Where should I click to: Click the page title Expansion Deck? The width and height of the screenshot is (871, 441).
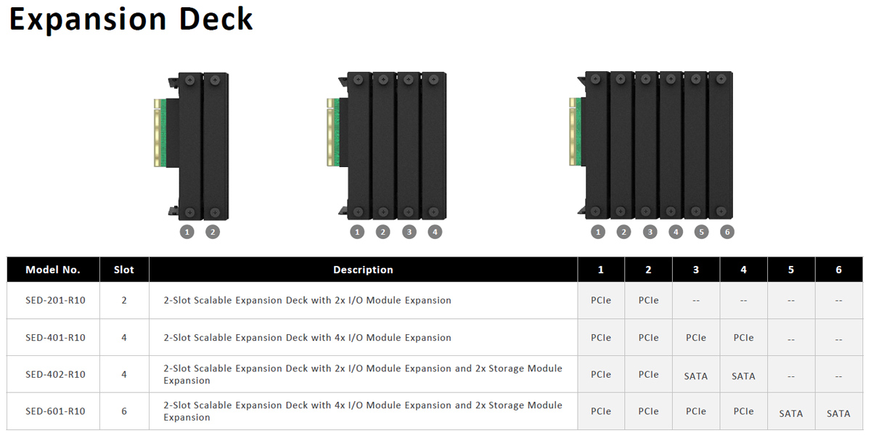tap(131, 20)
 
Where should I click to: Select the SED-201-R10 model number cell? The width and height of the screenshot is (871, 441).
tap(55, 300)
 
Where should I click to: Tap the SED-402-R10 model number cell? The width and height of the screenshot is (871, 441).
tap(55, 374)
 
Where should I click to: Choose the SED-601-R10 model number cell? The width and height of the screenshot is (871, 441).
tap(55, 411)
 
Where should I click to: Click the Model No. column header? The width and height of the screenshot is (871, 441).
tap(53, 270)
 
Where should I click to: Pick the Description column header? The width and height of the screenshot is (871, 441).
tap(363, 270)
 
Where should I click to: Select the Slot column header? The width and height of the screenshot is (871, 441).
tap(124, 270)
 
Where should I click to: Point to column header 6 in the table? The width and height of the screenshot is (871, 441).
tap(838, 270)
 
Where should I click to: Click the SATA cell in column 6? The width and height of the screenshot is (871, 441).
tap(838, 413)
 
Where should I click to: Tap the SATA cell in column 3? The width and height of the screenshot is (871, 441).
tap(695, 376)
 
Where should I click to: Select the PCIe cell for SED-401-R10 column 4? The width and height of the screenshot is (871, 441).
tap(743, 337)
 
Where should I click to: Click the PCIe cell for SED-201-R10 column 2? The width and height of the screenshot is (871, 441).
tap(648, 300)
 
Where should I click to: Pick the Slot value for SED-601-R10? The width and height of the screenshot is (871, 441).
tap(124, 411)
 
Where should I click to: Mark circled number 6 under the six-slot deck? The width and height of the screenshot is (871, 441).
tap(727, 232)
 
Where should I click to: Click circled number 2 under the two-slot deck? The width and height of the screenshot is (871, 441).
tap(212, 232)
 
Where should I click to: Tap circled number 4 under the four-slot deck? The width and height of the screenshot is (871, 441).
tap(434, 232)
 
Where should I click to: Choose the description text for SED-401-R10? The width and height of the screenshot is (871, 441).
tap(307, 337)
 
